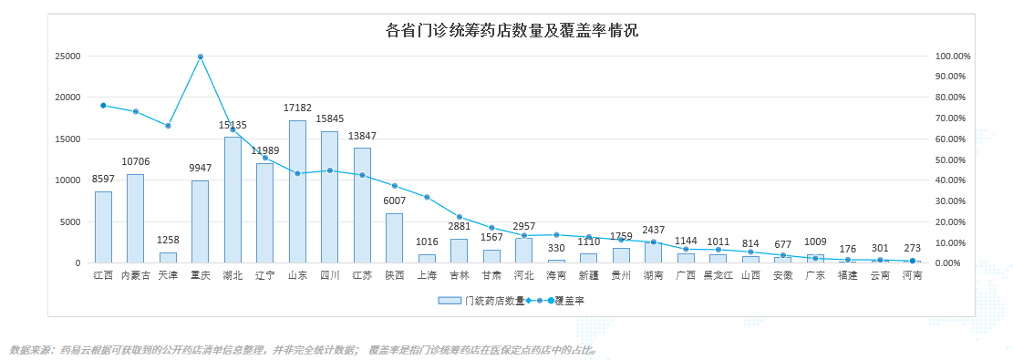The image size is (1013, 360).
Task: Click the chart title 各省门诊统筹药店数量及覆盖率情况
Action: pos(512,30)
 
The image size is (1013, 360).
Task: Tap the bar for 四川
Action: pos(329,197)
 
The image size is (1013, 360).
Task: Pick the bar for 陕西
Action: pos(394,238)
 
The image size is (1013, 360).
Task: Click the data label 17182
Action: pos(297,108)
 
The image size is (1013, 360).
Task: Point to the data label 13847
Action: pos(362,136)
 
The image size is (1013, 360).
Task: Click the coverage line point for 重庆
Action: pos(201,57)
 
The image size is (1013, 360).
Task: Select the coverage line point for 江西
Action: pos(103,106)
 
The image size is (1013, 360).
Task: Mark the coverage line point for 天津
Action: pos(168,126)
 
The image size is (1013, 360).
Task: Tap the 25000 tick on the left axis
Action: pos(67,57)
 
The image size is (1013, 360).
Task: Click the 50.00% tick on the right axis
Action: pos(950,159)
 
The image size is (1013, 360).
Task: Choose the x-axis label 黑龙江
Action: pos(718,275)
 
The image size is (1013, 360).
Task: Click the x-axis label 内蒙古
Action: pos(136,275)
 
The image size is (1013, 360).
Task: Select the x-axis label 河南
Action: pos(912,275)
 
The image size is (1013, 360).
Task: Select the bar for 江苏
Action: pos(362,206)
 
